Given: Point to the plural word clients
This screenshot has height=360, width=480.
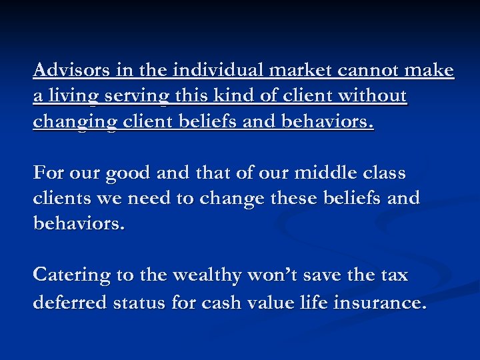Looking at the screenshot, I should coord(63,197).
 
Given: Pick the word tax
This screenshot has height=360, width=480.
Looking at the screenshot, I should coord(394,275).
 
